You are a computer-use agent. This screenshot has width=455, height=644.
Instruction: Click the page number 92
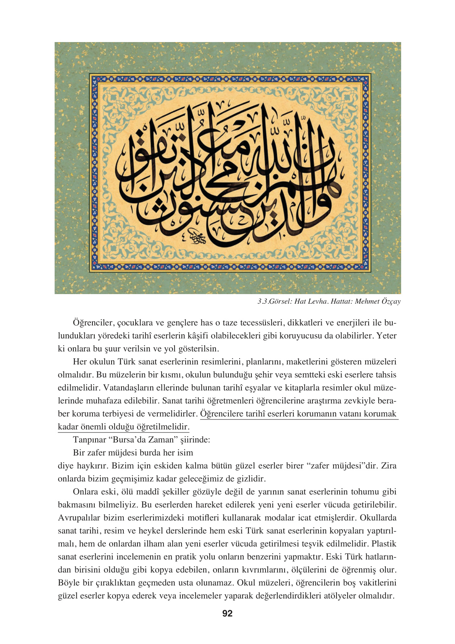point(227,613)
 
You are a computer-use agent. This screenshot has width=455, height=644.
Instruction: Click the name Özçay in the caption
point(390,301)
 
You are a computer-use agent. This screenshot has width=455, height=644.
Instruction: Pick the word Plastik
point(384,544)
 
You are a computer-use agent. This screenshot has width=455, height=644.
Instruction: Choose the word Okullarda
point(378,518)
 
